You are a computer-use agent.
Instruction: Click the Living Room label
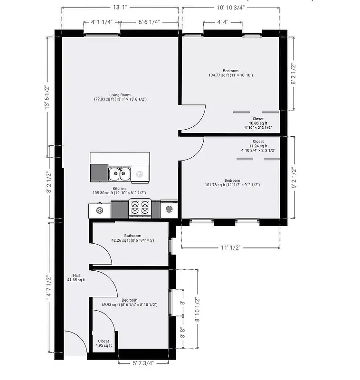point(120,95)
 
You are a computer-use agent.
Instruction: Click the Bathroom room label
point(133,236)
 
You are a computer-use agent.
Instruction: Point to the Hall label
point(76,275)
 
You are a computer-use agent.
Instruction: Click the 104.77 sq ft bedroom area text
point(230,75)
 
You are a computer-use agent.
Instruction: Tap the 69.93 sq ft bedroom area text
point(129,304)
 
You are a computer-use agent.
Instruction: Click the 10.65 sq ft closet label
point(258,123)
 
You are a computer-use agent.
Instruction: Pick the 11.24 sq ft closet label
point(258,146)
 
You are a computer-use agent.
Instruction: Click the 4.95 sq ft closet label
point(103,345)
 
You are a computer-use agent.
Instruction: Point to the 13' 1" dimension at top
point(120,7)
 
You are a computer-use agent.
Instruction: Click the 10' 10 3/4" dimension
point(230,7)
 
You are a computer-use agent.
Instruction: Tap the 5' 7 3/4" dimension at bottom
point(143,363)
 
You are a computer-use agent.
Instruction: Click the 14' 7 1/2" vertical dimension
point(48,288)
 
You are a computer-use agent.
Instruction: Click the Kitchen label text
point(119,189)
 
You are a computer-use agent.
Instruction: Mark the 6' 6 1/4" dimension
point(149,22)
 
